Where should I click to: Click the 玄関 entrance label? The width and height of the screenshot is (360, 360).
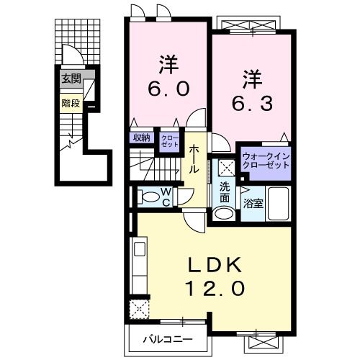[70, 79]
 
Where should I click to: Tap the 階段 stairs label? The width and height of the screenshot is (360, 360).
[70, 102]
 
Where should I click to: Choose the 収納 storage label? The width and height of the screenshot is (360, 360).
[141, 137]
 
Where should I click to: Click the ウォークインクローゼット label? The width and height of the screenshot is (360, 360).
[266, 159]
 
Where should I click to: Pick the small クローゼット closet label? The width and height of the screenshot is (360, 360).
[169, 140]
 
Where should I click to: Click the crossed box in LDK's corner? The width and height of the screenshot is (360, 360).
[138, 310]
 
